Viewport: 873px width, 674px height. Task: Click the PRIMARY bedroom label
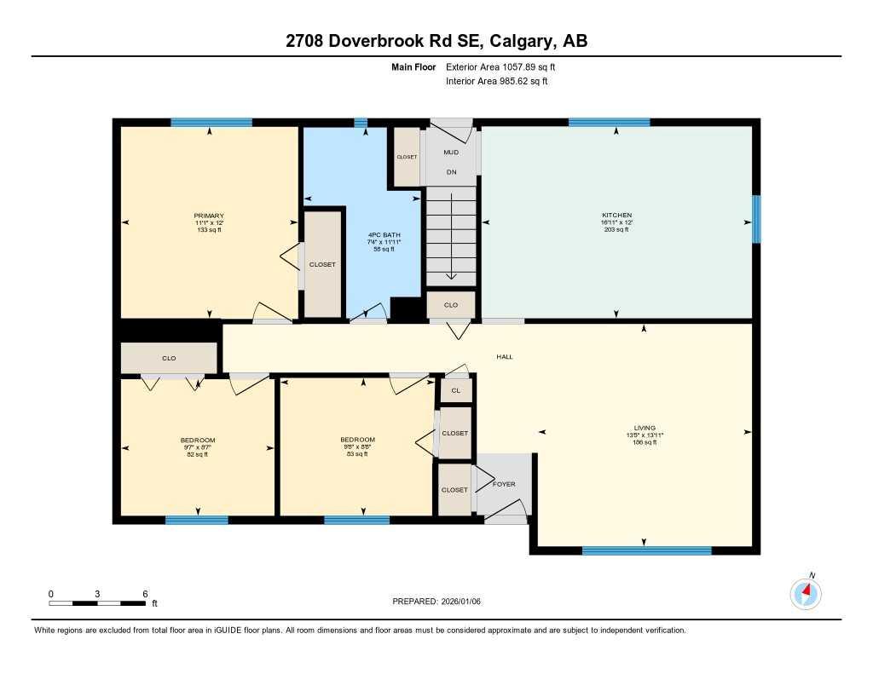point(209,216)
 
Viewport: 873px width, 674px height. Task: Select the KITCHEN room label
point(616,216)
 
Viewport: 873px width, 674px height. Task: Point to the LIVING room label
point(644,428)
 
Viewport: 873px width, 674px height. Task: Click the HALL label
point(505,357)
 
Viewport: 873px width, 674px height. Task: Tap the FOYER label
point(504,484)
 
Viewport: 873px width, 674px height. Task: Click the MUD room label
point(451,153)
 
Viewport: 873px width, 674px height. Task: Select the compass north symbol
point(806,591)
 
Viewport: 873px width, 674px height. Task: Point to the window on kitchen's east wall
point(756,219)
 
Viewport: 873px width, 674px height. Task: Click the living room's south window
point(646,550)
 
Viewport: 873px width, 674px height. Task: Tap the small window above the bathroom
point(361,123)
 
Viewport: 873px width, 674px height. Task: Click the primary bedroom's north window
point(211,123)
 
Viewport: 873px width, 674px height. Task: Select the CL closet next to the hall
point(455,390)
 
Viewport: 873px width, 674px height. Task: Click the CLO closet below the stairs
point(450,304)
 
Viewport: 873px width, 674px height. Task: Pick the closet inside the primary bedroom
point(322,264)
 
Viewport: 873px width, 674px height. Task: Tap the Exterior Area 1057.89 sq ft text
point(504,66)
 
